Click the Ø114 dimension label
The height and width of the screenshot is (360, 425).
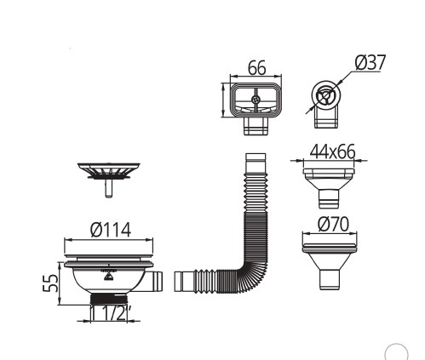click(x=111, y=230)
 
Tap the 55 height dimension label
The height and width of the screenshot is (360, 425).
click(x=50, y=283)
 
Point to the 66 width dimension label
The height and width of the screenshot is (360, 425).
click(x=257, y=68)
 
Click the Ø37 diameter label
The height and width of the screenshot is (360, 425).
click(x=370, y=62)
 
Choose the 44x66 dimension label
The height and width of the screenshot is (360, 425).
click(x=332, y=151)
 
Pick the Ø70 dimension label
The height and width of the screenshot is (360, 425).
click(x=333, y=224)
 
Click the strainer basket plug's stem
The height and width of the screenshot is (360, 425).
click(x=108, y=188)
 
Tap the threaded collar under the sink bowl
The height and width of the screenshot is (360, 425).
click(x=109, y=300)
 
